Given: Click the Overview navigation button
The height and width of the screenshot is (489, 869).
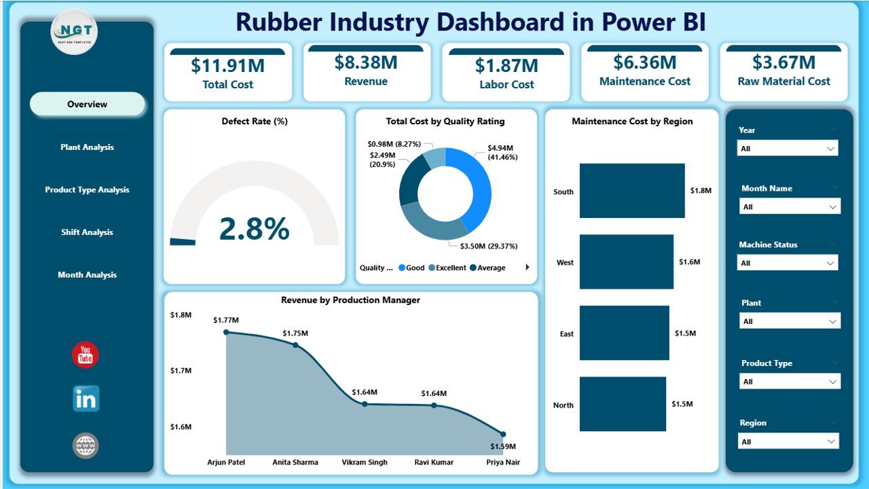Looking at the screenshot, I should [x=87, y=105].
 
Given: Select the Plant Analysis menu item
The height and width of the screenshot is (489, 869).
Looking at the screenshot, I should [x=87, y=147].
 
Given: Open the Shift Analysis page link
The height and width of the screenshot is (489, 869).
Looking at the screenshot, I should [x=87, y=232].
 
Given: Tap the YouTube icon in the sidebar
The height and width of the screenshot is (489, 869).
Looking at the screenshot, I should [x=86, y=355].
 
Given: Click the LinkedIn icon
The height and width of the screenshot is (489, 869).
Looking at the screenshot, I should [x=86, y=399].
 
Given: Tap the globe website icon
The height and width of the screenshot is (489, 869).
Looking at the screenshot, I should [x=86, y=446].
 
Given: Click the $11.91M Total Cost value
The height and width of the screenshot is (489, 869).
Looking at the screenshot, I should [x=227, y=66].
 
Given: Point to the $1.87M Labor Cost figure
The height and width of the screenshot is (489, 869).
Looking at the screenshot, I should [x=506, y=66].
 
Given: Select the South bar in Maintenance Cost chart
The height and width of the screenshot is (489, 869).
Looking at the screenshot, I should [x=632, y=191].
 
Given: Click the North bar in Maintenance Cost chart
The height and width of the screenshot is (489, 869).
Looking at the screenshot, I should [x=623, y=404].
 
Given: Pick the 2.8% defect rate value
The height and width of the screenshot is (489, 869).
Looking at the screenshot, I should [x=254, y=229].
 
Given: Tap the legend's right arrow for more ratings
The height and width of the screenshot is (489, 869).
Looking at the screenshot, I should [x=528, y=268].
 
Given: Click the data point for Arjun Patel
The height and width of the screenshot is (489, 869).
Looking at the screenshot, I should [x=227, y=332].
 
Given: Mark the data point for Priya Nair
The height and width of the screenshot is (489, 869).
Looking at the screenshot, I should [x=503, y=434].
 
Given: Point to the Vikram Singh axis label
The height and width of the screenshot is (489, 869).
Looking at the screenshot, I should [x=365, y=462].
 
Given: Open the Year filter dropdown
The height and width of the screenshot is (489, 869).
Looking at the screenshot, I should [x=788, y=148].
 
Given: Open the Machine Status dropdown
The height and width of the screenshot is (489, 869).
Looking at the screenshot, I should [x=788, y=263].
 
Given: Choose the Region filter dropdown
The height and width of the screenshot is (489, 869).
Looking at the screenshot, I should [x=788, y=441].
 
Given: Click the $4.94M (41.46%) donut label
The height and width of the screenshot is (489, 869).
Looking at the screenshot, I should [x=502, y=151].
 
